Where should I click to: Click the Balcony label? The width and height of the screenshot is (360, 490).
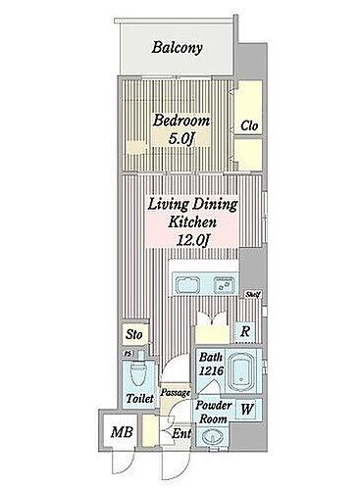coord(177,47)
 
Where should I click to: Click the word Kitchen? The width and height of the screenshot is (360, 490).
coord(182,222)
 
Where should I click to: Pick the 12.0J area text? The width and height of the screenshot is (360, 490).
coord(182,241)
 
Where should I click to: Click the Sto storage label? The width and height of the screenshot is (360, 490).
coord(135,335)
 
